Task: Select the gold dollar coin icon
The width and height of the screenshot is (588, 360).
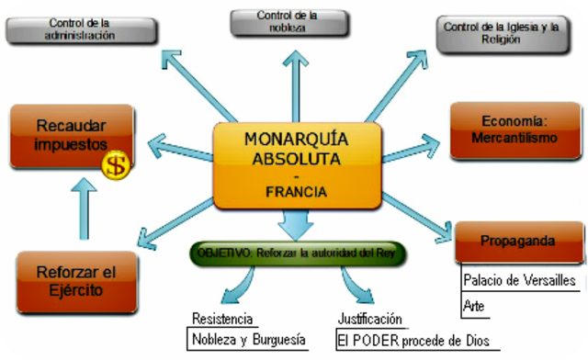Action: tap(115, 165)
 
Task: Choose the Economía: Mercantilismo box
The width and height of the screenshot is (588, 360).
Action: tap(513, 130)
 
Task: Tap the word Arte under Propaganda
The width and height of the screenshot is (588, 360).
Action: tap(476, 305)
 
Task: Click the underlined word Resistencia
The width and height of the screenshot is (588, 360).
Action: tap(223, 319)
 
